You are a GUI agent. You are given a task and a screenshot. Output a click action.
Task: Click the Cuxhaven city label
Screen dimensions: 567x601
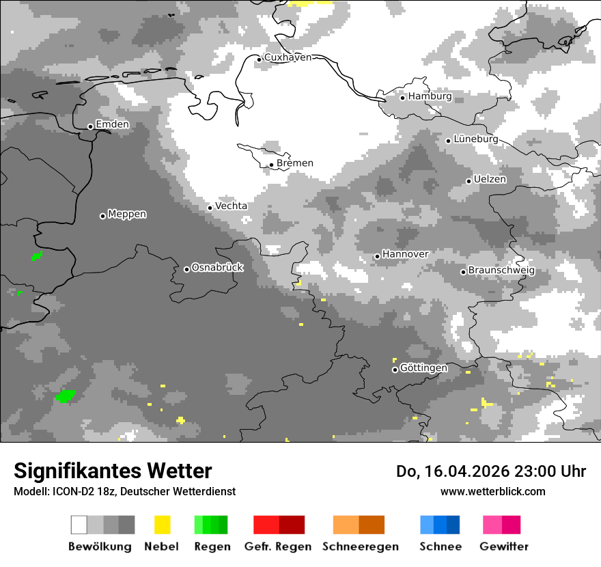[x=288, y=58]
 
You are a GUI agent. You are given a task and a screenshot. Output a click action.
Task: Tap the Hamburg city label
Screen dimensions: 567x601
[x=430, y=97]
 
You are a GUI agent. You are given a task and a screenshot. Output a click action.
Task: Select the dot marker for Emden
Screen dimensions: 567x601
[x=90, y=126]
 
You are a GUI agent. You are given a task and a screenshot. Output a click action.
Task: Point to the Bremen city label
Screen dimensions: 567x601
[x=295, y=163]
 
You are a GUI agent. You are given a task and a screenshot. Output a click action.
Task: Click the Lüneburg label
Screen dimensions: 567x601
[x=475, y=139]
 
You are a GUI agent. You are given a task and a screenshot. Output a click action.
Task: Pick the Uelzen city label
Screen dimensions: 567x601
[x=490, y=180]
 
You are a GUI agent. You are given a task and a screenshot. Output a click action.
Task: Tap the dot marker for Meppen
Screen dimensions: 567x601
[x=103, y=216]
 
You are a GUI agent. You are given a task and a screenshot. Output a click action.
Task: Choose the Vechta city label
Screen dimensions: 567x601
[x=231, y=206]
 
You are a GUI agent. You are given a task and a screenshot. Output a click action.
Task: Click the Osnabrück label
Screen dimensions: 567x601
[x=217, y=268]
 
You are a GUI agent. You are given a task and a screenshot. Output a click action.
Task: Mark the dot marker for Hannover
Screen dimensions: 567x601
[x=377, y=256]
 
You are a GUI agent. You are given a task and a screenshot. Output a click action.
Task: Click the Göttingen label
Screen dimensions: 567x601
[x=423, y=368]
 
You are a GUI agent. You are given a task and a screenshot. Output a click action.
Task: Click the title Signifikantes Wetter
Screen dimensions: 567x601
[x=113, y=471]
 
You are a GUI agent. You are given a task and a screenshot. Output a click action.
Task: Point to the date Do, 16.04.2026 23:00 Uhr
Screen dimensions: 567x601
[x=491, y=471]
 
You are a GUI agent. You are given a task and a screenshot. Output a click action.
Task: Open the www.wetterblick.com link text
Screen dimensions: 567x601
[x=492, y=491]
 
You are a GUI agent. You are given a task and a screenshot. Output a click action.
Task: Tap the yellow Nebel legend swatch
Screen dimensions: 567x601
[x=162, y=525]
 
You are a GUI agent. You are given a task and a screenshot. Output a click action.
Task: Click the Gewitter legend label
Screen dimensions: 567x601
[x=504, y=547]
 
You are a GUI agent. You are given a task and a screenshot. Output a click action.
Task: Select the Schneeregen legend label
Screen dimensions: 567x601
[x=361, y=547]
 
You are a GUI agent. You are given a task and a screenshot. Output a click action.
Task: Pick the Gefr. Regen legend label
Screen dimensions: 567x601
[x=278, y=547]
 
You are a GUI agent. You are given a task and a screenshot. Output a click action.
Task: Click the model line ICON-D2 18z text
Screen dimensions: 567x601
[x=124, y=492]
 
